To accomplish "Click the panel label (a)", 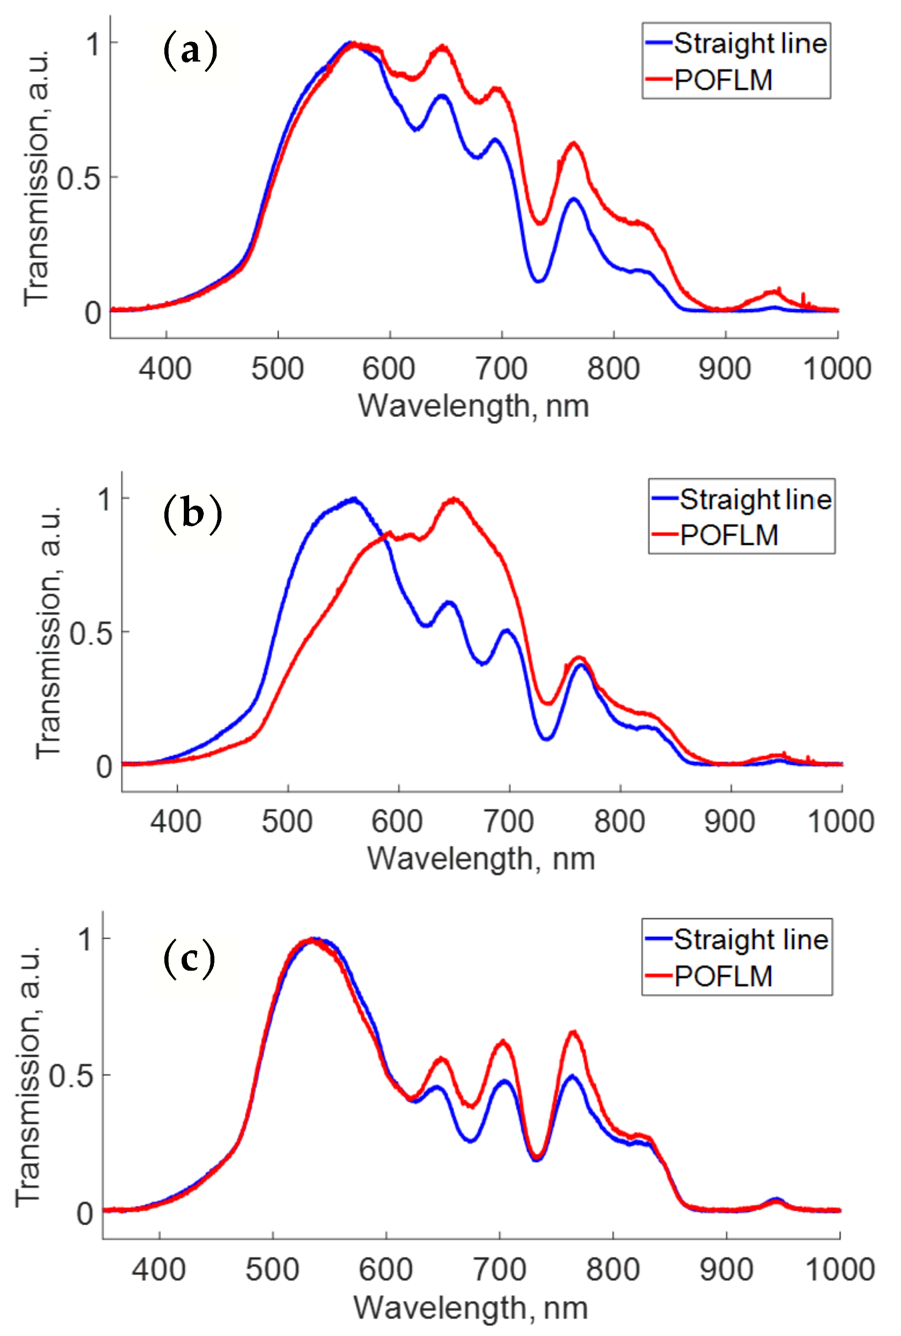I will (190, 52).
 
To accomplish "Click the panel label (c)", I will (189, 959).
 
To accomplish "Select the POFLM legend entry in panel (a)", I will (723, 80).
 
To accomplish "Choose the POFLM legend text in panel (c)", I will (723, 976).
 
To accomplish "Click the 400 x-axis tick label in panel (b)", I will (176, 821).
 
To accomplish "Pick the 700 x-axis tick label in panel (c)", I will (499, 1270).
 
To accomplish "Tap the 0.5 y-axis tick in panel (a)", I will (79, 178).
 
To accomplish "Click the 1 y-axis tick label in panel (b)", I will (104, 499).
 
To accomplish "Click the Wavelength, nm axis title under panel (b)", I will (481, 859).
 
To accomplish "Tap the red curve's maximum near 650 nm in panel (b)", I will (454, 500).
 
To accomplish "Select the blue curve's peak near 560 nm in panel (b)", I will (354, 499).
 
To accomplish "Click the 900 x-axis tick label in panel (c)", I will (726, 1270).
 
